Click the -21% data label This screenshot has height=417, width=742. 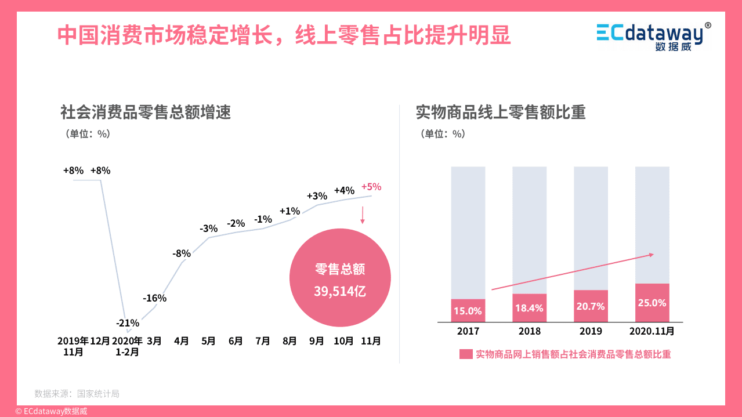click(127, 322)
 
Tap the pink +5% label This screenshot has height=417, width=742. click(371, 187)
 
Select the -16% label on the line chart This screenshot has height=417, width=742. click(155, 298)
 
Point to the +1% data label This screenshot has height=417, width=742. click(289, 211)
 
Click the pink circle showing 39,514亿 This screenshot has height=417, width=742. click(340, 280)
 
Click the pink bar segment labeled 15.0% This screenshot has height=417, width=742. click(468, 310)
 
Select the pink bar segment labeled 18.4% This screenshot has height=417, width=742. click(529, 308)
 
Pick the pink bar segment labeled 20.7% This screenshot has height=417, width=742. click(591, 306)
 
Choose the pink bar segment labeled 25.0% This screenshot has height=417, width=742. click(652, 303)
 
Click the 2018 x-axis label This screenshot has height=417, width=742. click(529, 331)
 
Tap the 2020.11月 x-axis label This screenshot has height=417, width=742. click(652, 331)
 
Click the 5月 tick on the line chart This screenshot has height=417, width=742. click(208, 341)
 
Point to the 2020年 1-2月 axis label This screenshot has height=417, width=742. click(127, 346)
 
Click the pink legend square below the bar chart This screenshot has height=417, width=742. click(466, 354)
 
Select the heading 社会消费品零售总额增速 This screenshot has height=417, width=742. click(146, 112)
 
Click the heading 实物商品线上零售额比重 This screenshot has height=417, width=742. click(501, 112)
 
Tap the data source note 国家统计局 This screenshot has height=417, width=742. click(77, 394)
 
